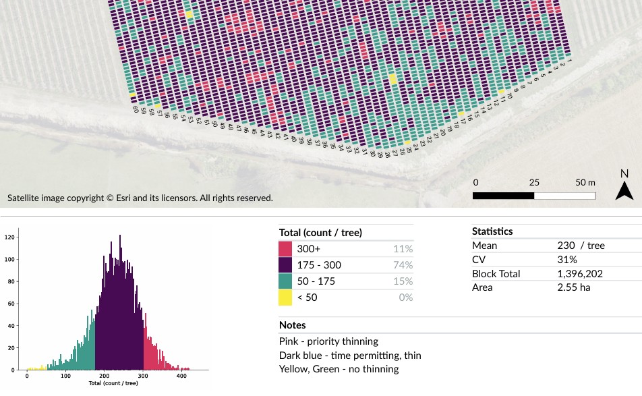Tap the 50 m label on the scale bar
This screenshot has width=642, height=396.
[585, 183]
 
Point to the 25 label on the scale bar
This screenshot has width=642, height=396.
[534, 183]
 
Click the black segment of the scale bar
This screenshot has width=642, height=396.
[503, 196]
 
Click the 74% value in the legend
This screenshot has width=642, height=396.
[403, 264]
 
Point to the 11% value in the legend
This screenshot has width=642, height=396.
[403, 248]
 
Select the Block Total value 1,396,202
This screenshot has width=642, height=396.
[580, 274]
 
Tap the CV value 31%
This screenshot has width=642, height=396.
[567, 260]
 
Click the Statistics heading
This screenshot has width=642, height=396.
[492, 231]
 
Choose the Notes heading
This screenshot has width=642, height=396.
[292, 325]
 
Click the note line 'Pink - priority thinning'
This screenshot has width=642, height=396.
[328, 341]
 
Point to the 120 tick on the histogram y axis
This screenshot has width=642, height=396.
[9, 237]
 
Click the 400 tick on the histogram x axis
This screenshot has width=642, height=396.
[181, 376]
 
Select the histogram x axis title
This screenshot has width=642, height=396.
[113, 383]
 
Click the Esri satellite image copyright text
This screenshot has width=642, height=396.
[140, 198]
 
